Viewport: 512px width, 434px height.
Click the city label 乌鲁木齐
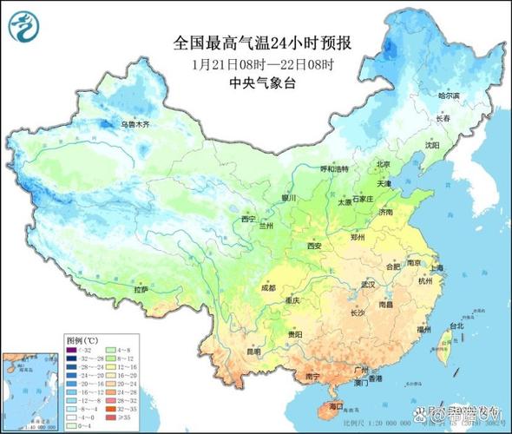click(135, 125)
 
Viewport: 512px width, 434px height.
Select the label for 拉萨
click(141, 288)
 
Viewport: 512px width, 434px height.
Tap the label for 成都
click(266, 287)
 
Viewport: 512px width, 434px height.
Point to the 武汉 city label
click(367, 284)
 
